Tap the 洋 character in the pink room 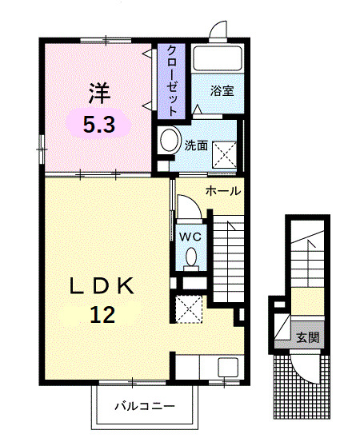[x=98, y=94]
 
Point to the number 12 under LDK [x=102, y=313]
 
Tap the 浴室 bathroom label [x=222, y=91]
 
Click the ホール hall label [x=222, y=191]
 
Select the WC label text [x=190, y=237]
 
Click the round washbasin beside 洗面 [x=170, y=141]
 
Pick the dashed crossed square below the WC [x=190, y=309]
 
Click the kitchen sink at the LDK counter [x=226, y=368]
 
